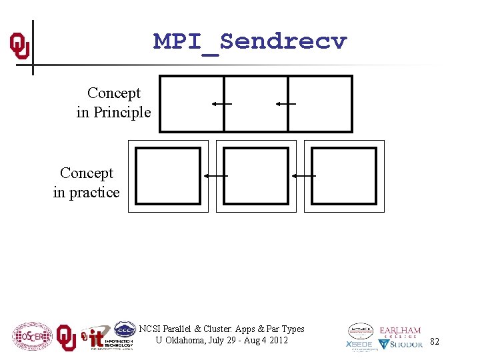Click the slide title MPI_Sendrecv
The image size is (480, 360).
pyautogui.click(x=250, y=41)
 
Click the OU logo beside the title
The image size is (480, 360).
pyautogui.click(x=19, y=46)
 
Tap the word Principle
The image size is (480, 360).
pyautogui.click(x=122, y=113)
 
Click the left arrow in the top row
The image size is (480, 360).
pyautogui.click(x=221, y=103)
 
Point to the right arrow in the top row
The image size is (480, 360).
pyautogui.click(x=285, y=103)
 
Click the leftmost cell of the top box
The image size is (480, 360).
pyautogui.click(x=191, y=103)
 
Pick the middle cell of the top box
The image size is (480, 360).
pyautogui.click(x=256, y=103)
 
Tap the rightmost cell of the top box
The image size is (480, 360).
pyautogui.click(x=320, y=103)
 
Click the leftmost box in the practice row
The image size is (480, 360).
pyautogui.click(x=167, y=176)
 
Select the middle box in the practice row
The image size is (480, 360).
pyautogui.click(x=256, y=176)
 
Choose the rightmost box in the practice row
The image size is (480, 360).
pyautogui.click(x=344, y=176)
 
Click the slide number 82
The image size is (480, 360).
pyautogui.click(x=435, y=341)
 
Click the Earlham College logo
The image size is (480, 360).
pyautogui.click(x=400, y=332)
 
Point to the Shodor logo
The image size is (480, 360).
pyautogui.click(x=401, y=345)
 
